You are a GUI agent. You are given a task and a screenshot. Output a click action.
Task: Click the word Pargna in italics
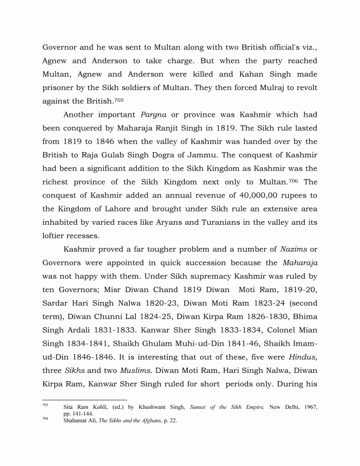(153, 115)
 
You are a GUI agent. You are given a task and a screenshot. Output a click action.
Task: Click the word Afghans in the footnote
(149, 421)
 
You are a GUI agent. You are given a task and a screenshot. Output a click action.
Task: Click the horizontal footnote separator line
(84, 400)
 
